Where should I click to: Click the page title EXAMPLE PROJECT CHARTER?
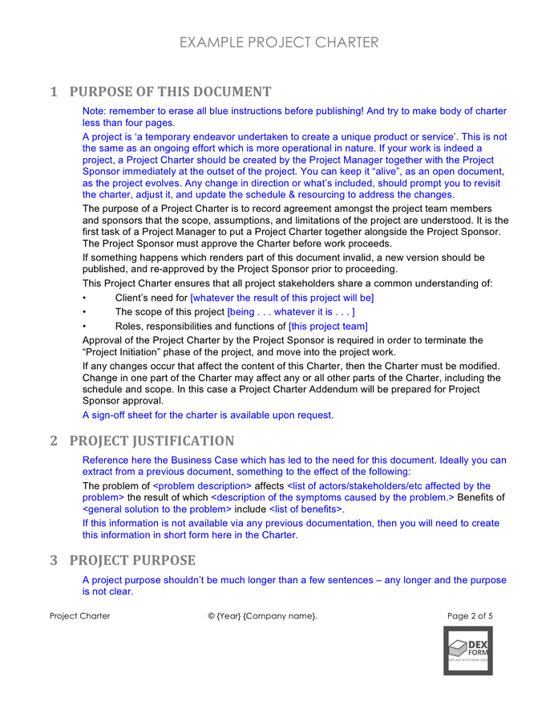pos(278,43)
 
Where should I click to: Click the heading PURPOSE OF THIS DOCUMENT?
pos(170,91)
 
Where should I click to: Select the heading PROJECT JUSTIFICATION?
pos(152,440)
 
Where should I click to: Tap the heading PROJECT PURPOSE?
pos(132,559)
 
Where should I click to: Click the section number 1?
pos(54,91)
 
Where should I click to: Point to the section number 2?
pos(54,440)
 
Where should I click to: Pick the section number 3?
pos(54,559)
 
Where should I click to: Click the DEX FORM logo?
pos(467,650)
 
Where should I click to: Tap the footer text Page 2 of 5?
pos(470,616)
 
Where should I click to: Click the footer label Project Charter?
pos(80,616)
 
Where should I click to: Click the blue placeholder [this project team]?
pos(328,326)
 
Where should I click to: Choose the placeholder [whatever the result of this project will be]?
pos(281,298)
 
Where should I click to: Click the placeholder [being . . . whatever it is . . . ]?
pos(291,311)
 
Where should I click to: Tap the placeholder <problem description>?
pos(202,485)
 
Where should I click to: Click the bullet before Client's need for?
pos(85,298)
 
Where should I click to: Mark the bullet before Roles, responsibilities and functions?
pos(85,326)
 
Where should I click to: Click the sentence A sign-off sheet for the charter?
pos(208,415)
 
